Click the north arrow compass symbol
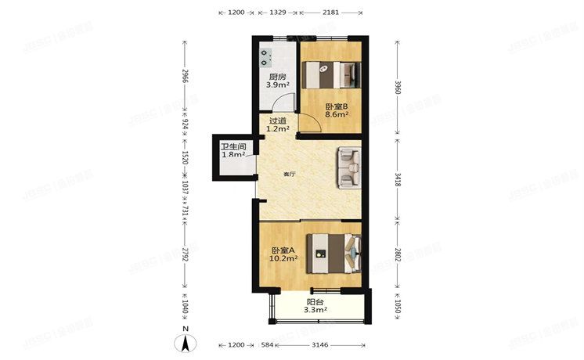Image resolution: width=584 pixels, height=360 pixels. tap(184, 342)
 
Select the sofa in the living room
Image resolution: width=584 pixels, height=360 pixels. tap(348, 168)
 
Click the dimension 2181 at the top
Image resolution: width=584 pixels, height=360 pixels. tap(331, 13)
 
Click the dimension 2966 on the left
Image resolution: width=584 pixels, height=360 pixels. tap(185, 77)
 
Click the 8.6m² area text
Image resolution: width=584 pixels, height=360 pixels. tap(335, 114)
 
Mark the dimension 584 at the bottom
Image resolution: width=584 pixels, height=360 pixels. tap(267, 345)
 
